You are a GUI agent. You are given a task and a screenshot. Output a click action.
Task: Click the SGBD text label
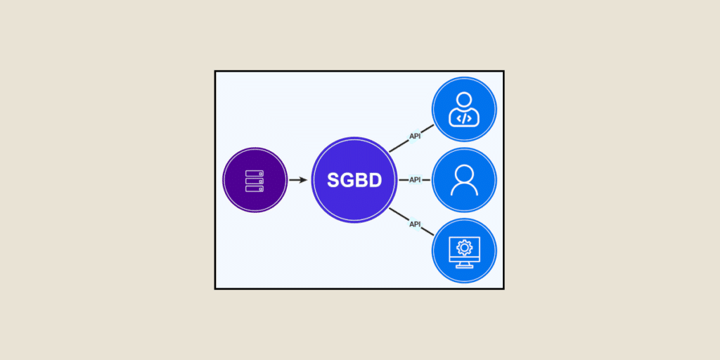[x=354, y=180]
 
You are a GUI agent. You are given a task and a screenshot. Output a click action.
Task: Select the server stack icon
[x=255, y=181]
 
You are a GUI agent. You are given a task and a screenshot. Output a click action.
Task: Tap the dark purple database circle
[x=255, y=180]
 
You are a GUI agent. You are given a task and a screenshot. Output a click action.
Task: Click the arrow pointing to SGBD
[x=298, y=180]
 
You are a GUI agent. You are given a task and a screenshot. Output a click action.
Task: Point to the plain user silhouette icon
[x=464, y=180]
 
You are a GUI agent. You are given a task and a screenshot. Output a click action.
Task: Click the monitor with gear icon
[x=464, y=252]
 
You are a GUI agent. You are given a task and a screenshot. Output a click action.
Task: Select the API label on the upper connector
[x=415, y=136]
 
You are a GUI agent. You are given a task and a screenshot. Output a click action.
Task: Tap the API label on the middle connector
[x=415, y=180]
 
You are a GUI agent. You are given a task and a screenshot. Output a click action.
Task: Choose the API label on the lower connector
[x=415, y=224]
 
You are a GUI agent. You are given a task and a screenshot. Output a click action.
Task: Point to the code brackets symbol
[x=464, y=118]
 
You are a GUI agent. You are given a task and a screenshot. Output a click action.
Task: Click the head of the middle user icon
[x=464, y=173]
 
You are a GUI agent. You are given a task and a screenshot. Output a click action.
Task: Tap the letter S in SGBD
[x=333, y=180]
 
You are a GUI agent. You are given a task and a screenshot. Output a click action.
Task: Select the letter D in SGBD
[x=375, y=180]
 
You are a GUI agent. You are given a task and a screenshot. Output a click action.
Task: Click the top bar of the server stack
[x=255, y=173]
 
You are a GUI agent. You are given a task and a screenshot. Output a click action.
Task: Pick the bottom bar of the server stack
[x=255, y=188]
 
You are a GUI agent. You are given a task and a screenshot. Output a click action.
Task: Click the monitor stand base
[x=464, y=266]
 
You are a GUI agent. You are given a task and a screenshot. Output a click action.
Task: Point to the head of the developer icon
[x=464, y=100]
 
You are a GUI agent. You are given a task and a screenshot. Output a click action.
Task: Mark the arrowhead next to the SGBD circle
[x=304, y=180]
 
